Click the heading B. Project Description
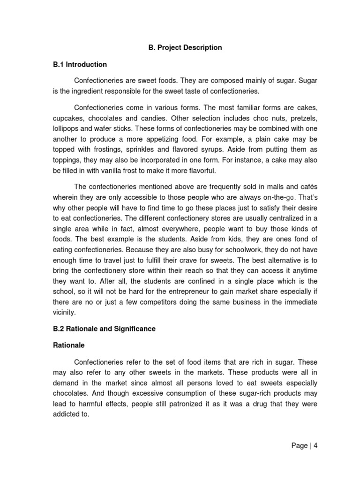(x=182, y=47)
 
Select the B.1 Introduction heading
(x=80, y=64)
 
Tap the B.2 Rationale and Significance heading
(x=104, y=329)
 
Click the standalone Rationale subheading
(x=68, y=345)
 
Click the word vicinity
(x=64, y=312)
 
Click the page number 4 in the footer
(x=316, y=446)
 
